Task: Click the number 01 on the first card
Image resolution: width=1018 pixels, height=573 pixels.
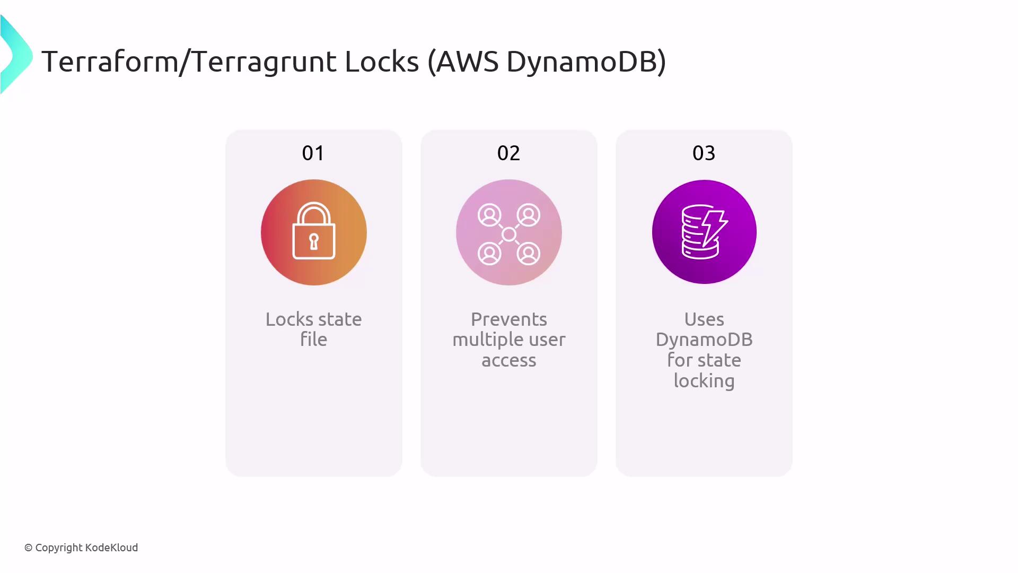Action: (313, 153)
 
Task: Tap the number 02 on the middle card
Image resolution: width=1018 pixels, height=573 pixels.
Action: (508, 153)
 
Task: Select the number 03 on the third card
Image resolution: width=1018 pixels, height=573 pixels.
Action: (704, 153)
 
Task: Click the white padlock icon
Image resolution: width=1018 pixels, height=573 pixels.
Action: (314, 231)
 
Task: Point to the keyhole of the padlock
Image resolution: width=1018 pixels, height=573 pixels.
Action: (314, 241)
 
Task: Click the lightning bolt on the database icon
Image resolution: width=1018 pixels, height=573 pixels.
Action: (714, 228)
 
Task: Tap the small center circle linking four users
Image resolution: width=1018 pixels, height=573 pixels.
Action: (509, 234)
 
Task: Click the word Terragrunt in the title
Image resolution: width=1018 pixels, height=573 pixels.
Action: (264, 62)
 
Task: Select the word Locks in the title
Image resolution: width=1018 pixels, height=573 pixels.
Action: (382, 61)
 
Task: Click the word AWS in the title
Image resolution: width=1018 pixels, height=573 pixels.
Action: (467, 61)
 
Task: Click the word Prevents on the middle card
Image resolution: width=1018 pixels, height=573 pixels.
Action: (509, 319)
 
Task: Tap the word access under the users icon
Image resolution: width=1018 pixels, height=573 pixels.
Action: (509, 361)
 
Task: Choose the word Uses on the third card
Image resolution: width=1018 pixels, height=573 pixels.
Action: (704, 319)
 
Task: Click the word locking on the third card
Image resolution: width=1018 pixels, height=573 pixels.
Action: (704, 381)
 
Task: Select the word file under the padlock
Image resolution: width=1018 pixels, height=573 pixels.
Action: (314, 340)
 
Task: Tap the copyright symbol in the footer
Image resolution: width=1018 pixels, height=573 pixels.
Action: (29, 548)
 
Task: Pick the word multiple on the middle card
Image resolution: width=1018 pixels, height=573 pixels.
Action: (487, 340)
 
